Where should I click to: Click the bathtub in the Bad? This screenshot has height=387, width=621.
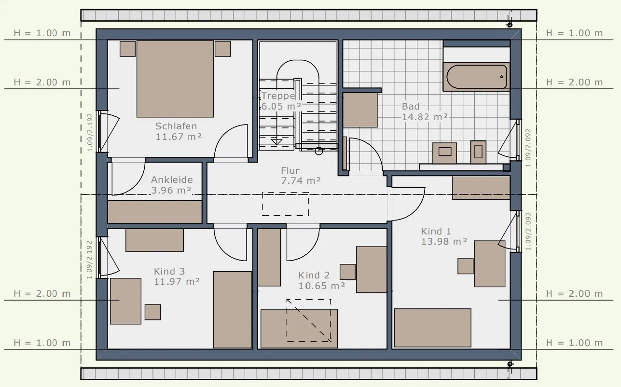pos(476,77)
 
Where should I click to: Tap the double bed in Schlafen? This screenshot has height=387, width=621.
pos(175,79)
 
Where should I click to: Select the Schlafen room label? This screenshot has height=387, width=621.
pos(178,131)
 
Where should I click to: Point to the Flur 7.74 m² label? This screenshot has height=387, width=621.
pos(301,176)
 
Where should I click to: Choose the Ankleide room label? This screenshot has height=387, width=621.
pos(172,185)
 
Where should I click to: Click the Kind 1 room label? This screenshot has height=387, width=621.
pos(444,236)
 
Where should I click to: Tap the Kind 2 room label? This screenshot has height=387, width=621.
pos(321,280)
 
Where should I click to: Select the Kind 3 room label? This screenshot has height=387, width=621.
pos(177,276)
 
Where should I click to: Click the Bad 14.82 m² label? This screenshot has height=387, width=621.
pos(425,111)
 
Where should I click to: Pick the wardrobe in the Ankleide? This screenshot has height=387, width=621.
pos(155,212)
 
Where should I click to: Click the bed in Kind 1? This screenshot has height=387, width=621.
pos(432,328)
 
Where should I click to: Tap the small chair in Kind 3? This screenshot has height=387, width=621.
pos(152,312)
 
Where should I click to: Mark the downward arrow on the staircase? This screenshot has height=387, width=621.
pos(276,142)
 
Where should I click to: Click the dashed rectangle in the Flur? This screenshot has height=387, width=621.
pos(286,204)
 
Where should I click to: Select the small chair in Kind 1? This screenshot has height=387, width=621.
pos(466,266)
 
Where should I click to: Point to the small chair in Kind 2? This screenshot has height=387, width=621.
pos(347,272)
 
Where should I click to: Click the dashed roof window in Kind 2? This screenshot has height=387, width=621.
pos(309,320)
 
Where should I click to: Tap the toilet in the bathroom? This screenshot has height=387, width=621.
pos(478,152)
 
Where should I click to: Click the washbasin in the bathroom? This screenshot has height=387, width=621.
pos(445,153)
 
